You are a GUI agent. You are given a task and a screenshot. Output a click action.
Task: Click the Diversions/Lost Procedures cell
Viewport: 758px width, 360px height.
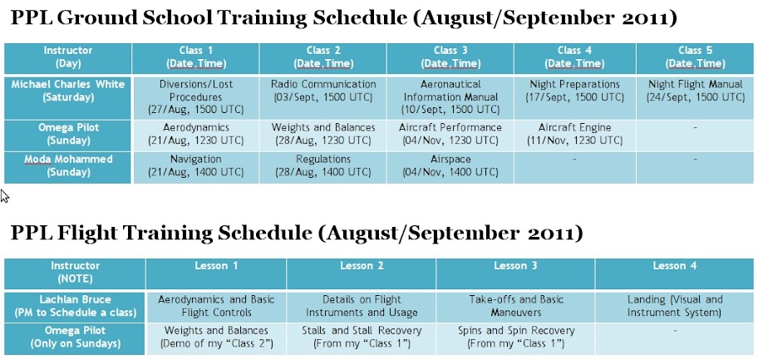(196, 96)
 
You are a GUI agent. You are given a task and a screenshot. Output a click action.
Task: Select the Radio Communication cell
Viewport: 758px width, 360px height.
(323, 96)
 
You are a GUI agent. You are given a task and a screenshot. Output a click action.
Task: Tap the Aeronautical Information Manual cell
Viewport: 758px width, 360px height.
(450, 96)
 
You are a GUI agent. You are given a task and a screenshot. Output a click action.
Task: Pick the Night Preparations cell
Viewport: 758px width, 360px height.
(575, 96)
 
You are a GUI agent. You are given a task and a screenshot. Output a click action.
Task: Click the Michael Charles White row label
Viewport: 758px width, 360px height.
(68, 96)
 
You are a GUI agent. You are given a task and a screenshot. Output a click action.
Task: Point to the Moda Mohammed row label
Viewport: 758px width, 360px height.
(68, 167)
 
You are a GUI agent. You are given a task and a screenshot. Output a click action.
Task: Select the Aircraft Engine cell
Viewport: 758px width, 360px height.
(575, 136)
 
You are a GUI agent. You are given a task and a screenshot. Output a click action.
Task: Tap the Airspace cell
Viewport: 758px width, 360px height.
(450, 167)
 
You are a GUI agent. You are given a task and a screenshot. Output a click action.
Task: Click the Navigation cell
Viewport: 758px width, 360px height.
(196, 167)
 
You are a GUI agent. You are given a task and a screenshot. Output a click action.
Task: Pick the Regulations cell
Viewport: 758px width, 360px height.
(323, 167)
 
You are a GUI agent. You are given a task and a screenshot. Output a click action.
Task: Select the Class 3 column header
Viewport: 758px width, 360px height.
(450, 58)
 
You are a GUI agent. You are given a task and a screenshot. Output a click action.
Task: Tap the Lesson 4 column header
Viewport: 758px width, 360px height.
(675, 274)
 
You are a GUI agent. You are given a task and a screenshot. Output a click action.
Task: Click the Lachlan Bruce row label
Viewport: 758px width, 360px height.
(75, 307)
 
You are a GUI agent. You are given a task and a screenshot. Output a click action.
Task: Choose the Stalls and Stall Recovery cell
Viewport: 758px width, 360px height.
(361, 338)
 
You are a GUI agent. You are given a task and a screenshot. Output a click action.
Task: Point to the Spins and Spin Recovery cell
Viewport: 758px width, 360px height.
(516, 338)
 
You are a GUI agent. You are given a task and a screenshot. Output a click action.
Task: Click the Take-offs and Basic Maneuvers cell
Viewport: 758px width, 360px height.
(516, 307)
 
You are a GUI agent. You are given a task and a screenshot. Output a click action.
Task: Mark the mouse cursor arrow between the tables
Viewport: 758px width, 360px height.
(4, 195)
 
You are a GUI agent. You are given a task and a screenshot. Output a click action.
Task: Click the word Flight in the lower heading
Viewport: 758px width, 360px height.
(87, 234)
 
